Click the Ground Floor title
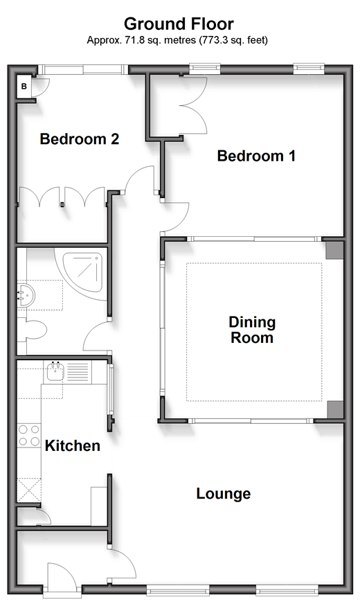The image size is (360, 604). pos(179,24)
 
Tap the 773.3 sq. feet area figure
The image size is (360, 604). pos(233,39)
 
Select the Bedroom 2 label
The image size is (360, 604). pos(80,139)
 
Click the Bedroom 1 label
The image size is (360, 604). pos(256,156)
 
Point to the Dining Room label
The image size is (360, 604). pos(252,330)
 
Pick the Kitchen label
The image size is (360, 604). pos(73,445)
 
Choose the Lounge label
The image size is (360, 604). pos(224,493)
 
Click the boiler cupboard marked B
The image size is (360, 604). pos(24,87)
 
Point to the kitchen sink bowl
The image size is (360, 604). pos(55,372)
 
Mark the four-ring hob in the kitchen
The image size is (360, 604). pos(29,435)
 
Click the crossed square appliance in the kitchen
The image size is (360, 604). pos(29,489)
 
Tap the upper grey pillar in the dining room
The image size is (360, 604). pos(334,249)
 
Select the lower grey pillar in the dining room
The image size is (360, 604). pos(334,409)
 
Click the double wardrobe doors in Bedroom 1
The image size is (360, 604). pos(193,105)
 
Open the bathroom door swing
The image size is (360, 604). pos(96,336)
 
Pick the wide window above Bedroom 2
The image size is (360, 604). pos(83,70)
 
